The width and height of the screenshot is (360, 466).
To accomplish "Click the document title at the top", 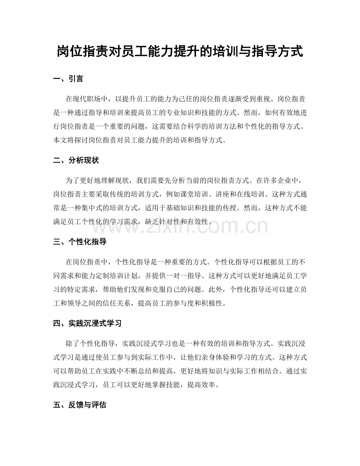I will coord(180,51).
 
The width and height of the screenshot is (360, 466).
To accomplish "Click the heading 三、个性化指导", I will coord(79,242).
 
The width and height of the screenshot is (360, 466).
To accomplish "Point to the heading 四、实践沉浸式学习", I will coord(87,323).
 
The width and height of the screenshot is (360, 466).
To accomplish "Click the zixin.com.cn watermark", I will coord(180,226).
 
